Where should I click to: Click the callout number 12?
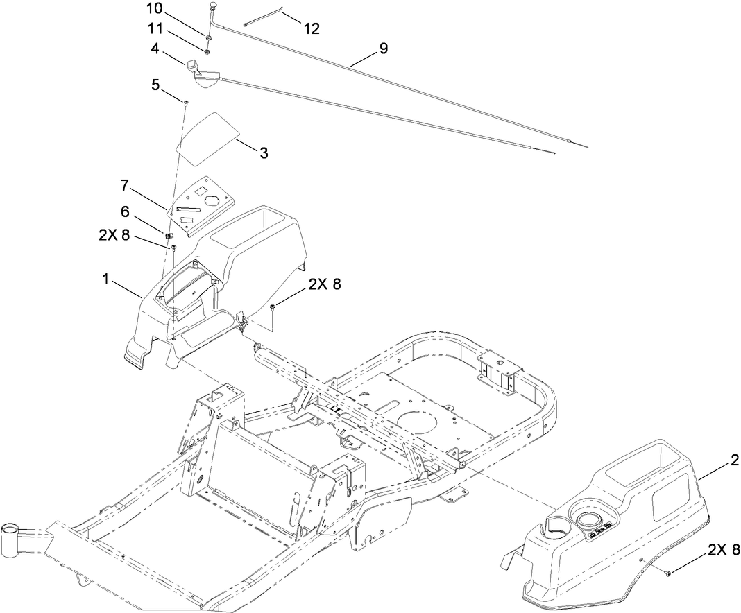coord(311,28)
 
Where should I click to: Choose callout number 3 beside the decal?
coord(264,153)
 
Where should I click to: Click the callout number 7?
coord(125,185)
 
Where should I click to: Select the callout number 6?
coord(125,212)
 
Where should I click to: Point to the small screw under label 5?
coord(187,103)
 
